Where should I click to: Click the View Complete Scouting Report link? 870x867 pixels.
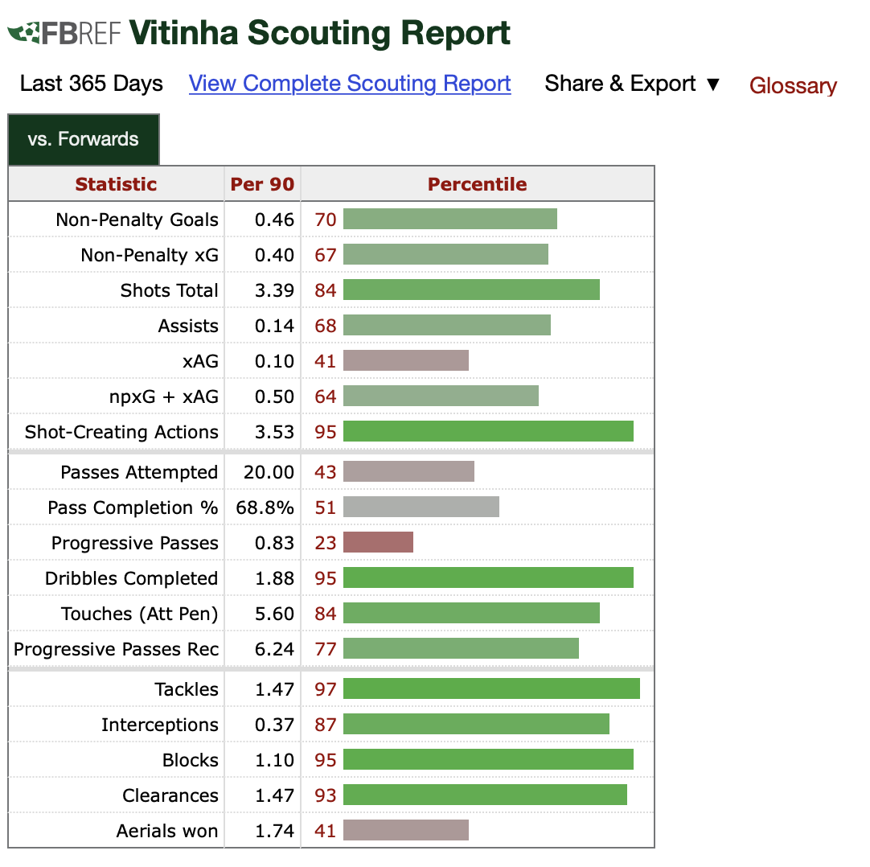(x=350, y=84)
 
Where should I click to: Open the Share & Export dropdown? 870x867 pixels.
(x=632, y=84)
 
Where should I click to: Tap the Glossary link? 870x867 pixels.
(x=793, y=85)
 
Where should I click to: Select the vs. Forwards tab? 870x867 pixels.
(x=84, y=139)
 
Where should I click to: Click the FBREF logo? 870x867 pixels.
(x=64, y=33)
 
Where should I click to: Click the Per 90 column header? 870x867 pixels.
(x=262, y=184)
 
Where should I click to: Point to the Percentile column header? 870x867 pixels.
(x=477, y=184)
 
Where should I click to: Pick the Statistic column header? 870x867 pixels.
(x=116, y=184)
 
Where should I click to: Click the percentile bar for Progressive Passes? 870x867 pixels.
(x=378, y=542)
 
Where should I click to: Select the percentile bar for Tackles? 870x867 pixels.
(x=491, y=688)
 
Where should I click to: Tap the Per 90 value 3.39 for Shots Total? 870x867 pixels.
(x=274, y=290)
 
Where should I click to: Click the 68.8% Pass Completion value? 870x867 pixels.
(x=265, y=507)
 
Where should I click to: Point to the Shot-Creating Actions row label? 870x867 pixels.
(x=121, y=432)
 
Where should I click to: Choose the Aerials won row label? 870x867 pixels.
(x=167, y=831)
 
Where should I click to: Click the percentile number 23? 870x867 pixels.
(x=326, y=543)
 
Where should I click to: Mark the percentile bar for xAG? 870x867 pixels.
(x=405, y=360)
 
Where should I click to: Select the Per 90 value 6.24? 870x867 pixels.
(x=274, y=649)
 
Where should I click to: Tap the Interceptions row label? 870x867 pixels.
(x=160, y=725)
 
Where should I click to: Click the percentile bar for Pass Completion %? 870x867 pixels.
(x=421, y=507)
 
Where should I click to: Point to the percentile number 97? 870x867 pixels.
(x=326, y=689)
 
